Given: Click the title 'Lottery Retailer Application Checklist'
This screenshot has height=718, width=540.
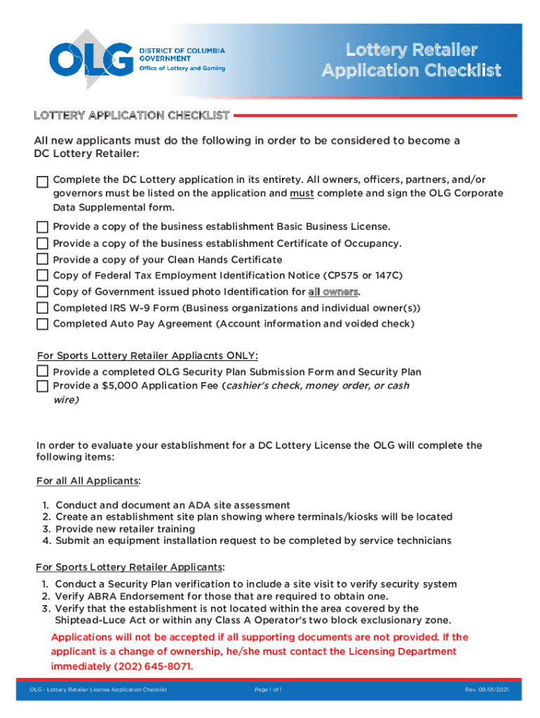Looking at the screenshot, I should point(411,60).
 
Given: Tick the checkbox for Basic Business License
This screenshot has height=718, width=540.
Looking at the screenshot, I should point(43,227).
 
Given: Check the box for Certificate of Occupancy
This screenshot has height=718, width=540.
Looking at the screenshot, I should point(43,243).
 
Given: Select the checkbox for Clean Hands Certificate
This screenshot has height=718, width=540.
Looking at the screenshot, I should point(43,259).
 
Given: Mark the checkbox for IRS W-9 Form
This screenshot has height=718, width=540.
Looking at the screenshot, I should point(43,308).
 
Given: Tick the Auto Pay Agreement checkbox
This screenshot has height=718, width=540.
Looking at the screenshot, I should point(43,324).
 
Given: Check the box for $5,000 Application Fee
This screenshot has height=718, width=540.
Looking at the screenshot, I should point(43,386).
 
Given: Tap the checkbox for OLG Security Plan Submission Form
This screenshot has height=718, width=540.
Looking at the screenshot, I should point(43,372).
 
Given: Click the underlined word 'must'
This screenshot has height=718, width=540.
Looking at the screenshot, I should point(302,193).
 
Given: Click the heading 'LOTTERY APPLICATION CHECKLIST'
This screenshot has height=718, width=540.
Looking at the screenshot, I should point(132,115).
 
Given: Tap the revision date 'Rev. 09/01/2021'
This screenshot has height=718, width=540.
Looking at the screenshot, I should point(487,691).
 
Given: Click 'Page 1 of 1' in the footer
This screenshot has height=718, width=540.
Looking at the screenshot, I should point(269,691).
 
